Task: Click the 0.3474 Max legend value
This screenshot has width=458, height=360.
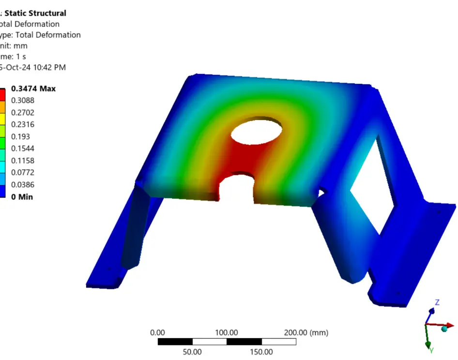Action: coord(33,89)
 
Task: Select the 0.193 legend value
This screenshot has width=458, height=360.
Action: coord(20,136)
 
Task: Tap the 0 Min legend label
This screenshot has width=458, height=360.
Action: coord(22,197)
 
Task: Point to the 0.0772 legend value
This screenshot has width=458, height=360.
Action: coord(23,173)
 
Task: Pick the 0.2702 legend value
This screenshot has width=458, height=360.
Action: coord(23,113)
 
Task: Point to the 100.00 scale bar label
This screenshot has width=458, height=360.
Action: coord(227,332)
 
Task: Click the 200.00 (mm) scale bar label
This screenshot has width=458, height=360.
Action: coord(306,332)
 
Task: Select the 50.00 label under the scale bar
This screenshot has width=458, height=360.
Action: coord(192,352)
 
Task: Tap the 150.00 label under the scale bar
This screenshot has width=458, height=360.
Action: coord(261,352)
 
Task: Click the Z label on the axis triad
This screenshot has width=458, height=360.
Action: coord(437,302)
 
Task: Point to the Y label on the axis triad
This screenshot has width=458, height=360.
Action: coord(431,349)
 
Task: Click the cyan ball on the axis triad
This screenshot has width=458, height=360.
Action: coord(444,329)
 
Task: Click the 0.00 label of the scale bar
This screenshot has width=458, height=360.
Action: coord(158,332)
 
